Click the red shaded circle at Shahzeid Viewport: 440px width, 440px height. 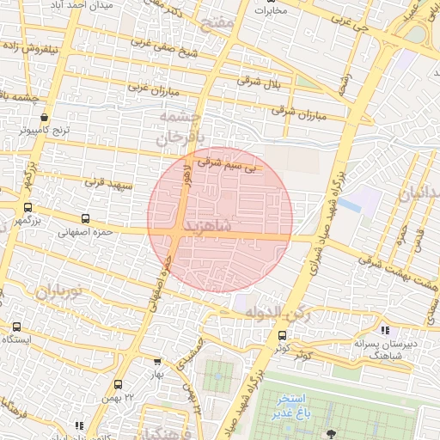[220, 219]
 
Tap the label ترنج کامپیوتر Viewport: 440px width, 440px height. [47, 131]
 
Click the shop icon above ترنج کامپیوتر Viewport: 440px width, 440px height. [44, 119]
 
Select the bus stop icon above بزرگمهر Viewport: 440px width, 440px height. [27, 207]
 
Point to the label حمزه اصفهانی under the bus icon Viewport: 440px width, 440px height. [87, 231]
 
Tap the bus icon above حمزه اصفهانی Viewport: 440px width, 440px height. [84, 218]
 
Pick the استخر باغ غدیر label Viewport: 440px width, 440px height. [295, 406]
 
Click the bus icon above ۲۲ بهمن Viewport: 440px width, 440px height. [118, 383]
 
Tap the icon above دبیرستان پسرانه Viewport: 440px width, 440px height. [386, 330]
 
